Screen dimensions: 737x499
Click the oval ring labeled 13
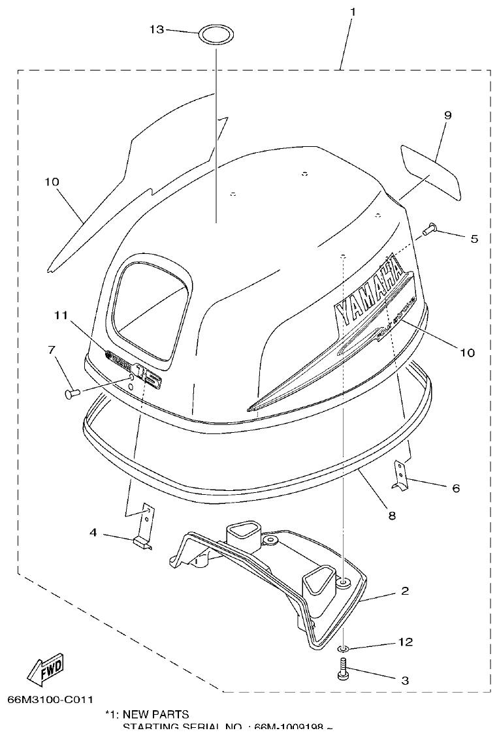click(216, 35)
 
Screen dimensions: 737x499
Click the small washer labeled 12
click(344, 648)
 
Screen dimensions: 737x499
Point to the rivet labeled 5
click(428, 228)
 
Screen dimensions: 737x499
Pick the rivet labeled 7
click(72, 392)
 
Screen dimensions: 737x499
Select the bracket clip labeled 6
click(400, 475)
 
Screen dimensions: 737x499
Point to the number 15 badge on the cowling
click(148, 377)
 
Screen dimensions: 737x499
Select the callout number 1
click(353, 12)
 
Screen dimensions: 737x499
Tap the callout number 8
click(391, 515)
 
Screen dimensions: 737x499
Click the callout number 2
click(405, 591)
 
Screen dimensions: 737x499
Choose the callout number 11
click(61, 315)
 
